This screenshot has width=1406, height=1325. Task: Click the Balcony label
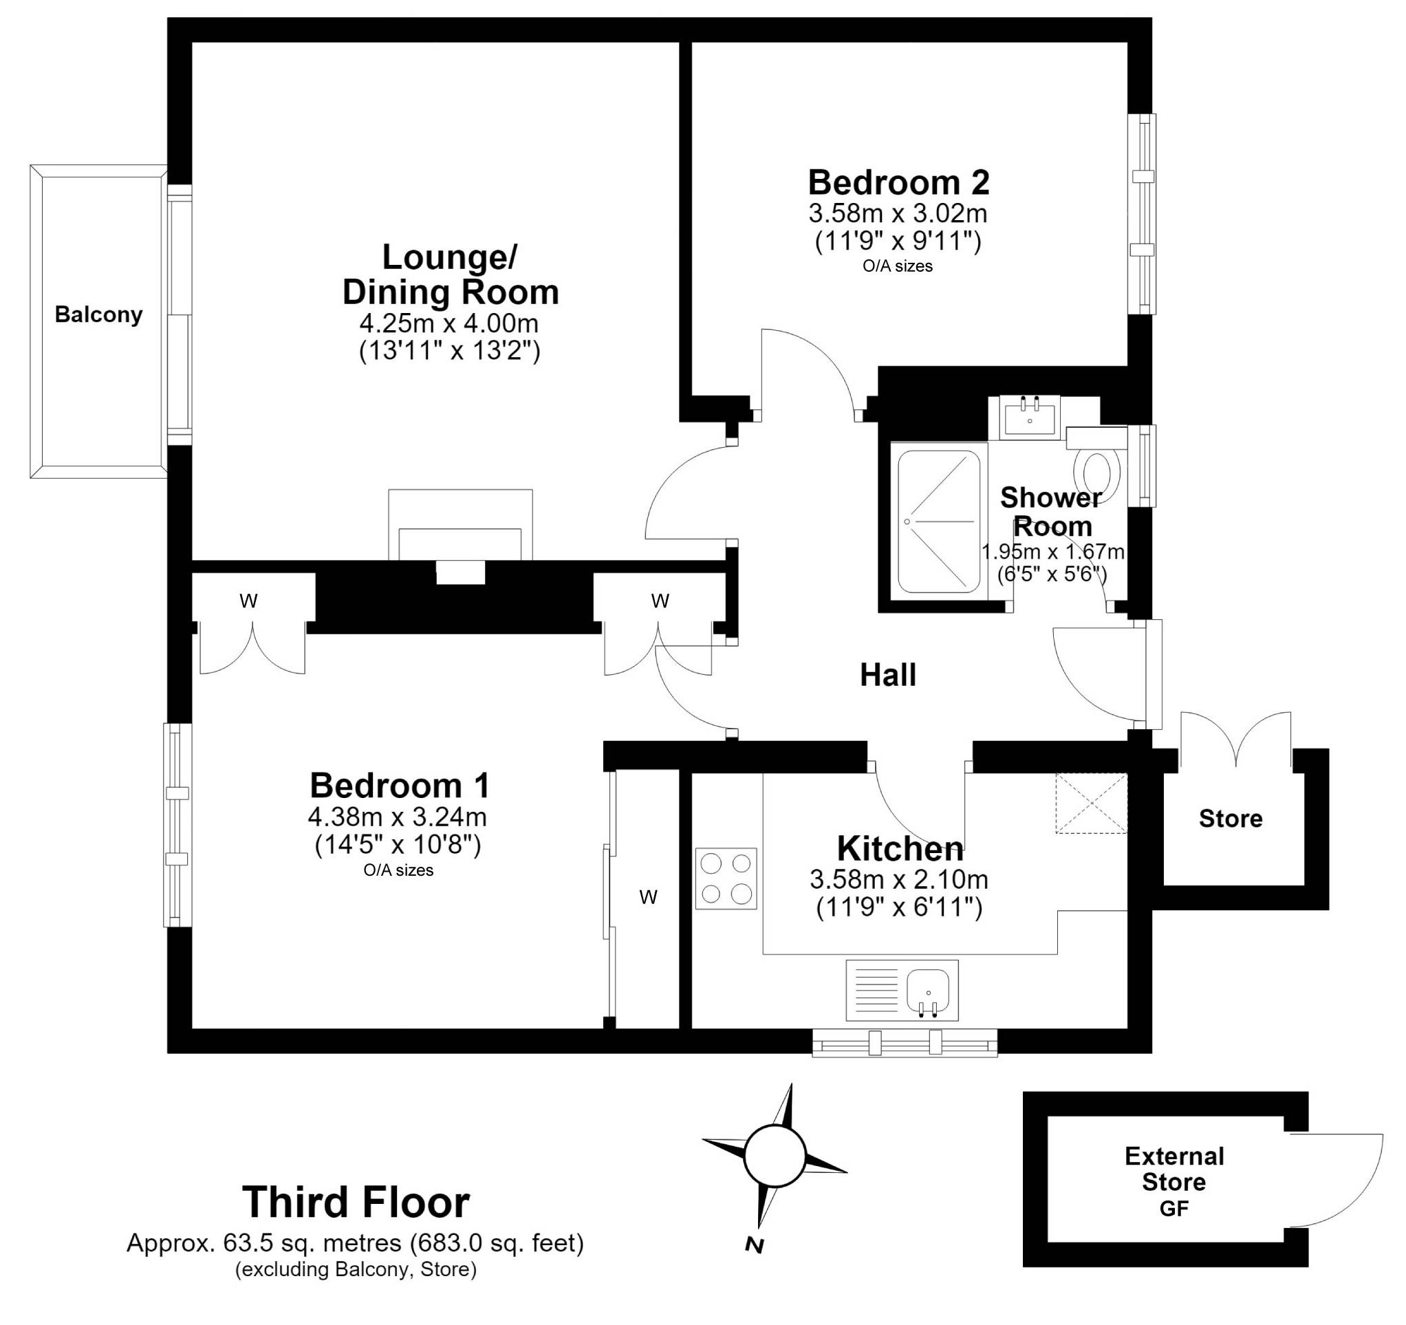(98, 315)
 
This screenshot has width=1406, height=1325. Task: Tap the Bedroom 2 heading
(898, 182)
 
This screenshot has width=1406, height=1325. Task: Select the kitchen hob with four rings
(726, 879)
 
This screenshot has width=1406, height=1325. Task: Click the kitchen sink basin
(929, 990)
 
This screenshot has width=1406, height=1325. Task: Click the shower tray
(938, 521)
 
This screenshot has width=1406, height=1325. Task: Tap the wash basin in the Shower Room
(1030, 418)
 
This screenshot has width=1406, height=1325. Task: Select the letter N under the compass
(754, 1246)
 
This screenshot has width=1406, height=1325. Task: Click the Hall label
(887, 675)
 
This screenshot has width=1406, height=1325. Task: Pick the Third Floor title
(356, 1202)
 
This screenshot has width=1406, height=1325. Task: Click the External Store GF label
(1174, 1182)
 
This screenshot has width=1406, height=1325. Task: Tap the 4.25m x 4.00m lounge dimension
(449, 323)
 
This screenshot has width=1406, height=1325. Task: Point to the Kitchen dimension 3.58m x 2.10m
(899, 879)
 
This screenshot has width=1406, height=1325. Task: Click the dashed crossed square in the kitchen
(1091, 803)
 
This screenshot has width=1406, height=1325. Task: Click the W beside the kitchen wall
(648, 897)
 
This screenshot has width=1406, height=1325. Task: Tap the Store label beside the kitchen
(1231, 819)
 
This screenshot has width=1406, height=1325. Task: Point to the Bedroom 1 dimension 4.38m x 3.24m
(398, 817)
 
